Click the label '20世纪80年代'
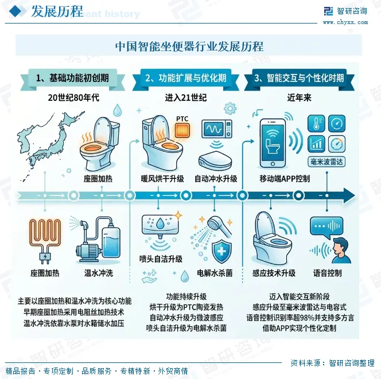[73, 97]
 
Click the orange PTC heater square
[182, 130]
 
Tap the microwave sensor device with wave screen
[217, 129]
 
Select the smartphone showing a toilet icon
[273, 143]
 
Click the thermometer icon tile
[316, 123]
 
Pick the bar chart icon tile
[316, 144]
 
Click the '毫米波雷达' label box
[326, 162]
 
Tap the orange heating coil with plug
[45, 240]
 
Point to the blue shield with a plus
[221, 251]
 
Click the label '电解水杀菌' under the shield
[215, 273]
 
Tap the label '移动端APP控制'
[285, 179]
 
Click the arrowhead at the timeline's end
[349, 196]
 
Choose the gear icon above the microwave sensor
[230, 108]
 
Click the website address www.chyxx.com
[345, 22]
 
